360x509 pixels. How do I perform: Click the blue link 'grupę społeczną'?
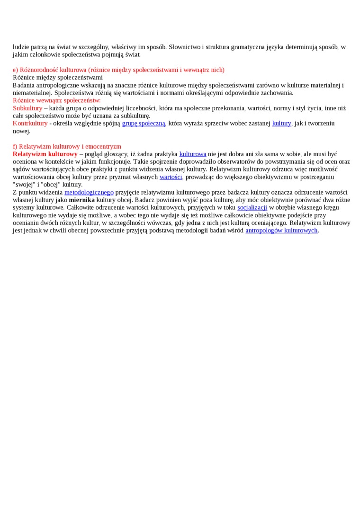coord(144,124)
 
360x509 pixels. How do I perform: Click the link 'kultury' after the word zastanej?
coord(281,124)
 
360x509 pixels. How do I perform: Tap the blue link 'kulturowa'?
coord(192,154)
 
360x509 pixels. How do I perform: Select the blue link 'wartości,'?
coord(171,177)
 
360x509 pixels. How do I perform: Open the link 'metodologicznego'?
coord(89,193)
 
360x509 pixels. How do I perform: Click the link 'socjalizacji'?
coord(252,208)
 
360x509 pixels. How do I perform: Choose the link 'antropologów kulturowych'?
coord(281,231)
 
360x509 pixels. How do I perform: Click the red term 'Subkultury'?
coord(27,108)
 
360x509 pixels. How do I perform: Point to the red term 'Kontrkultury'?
coord(30,124)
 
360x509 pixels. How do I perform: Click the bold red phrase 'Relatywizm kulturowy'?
coord(45,154)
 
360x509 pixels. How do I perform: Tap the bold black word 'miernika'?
coord(81,200)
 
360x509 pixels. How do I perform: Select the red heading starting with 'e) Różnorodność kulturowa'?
coord(118,70)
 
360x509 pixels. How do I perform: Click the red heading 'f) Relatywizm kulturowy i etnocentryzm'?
coord(67,147)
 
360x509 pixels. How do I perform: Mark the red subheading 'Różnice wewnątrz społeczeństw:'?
coord(57,101)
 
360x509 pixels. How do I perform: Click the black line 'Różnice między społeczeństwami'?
coord(58,78)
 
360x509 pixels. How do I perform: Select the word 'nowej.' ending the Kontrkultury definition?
coord(21,131)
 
